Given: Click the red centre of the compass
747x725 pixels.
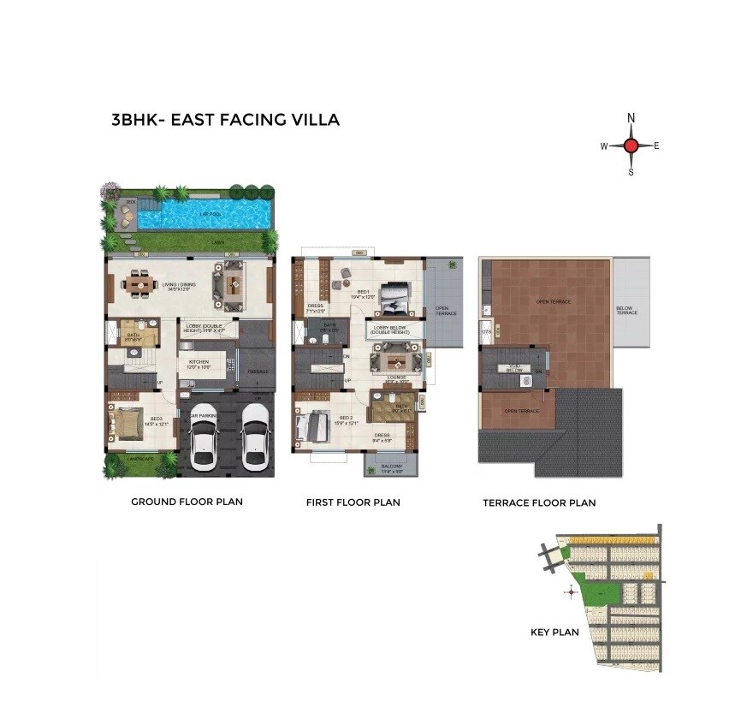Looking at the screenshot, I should pos(631,146).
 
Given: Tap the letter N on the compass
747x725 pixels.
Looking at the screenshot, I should pos(631,118).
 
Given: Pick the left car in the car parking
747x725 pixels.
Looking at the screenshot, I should pos(203,436).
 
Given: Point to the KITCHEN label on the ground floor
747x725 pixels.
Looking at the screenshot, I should pos(199,362).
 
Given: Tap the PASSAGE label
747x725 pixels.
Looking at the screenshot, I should pos(258,371).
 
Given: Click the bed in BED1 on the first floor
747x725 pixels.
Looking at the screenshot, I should pos(395,297).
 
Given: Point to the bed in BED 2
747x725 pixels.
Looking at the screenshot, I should pos(315,425).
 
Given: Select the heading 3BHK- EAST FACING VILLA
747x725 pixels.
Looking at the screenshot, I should pos(225,120).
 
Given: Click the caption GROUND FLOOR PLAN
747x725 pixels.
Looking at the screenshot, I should pos(187,502).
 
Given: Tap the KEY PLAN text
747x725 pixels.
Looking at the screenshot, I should pos(554,633).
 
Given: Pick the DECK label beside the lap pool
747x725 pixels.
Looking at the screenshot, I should pos(131,202).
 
